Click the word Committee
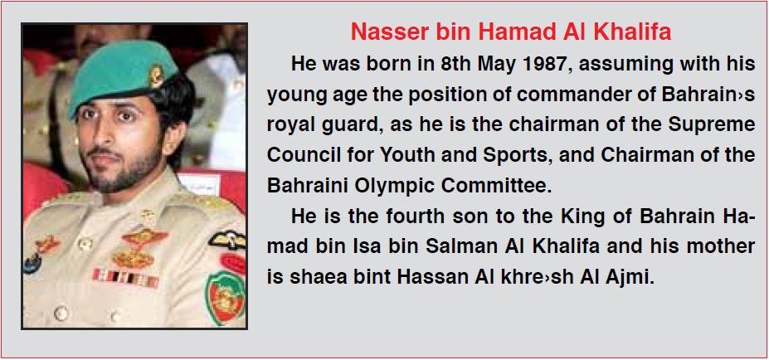point(497,186)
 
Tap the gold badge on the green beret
point(156,76)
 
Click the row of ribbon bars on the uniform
point(125,278)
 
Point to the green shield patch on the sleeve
point(225,298)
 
